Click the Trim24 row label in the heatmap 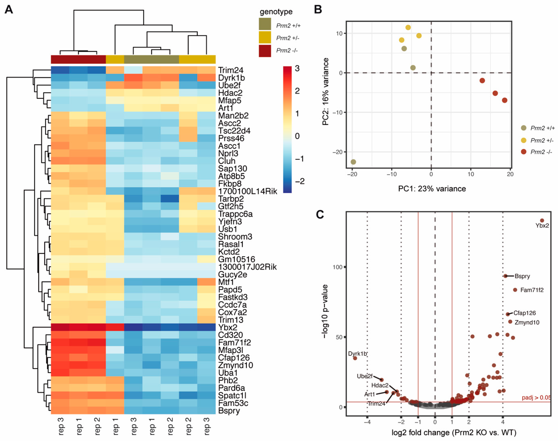230,70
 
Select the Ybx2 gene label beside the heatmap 227,327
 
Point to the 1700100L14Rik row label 247,191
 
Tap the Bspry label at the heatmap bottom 229,411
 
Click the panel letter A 9,10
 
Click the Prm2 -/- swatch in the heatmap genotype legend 265,51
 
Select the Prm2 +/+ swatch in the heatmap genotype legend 265,24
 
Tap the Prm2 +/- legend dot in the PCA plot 524,140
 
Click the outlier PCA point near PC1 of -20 353,162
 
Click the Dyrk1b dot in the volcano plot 355,358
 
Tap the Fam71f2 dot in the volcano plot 515,290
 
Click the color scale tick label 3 297,68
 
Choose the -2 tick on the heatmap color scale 299,181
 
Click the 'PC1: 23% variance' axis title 432,189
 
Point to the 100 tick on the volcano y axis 337,267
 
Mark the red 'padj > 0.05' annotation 536,397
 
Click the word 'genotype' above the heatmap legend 276,12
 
